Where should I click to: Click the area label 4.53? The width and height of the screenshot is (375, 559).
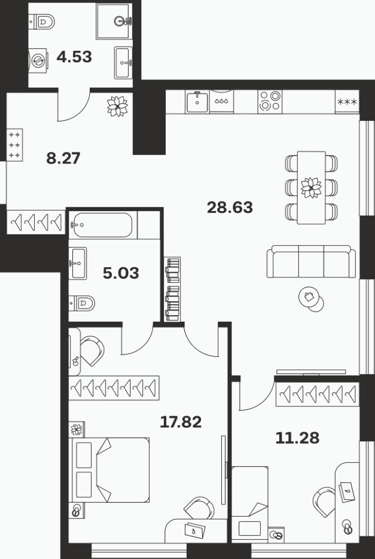click(74, 57)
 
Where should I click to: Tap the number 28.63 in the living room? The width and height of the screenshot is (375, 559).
click(230, 207)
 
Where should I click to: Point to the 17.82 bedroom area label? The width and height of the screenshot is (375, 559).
click(181, 422)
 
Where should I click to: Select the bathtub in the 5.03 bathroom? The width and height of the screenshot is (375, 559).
click(103, 225)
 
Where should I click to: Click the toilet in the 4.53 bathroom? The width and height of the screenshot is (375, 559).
click(41, 22)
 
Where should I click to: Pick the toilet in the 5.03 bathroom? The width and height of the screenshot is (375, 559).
click(82, 303)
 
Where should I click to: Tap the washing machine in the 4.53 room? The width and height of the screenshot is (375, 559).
click(38, 60)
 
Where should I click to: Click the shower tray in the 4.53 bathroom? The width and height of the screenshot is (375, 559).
click(114, 22)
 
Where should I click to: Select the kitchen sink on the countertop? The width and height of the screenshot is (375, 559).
click(197, 102)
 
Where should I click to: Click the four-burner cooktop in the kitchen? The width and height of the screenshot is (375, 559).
click(270, 102)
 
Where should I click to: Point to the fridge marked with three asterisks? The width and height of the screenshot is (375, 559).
click(347, 102)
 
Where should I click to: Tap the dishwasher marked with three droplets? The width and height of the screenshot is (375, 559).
click(221, 102)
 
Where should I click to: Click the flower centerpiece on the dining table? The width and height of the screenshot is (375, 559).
click(311, 188)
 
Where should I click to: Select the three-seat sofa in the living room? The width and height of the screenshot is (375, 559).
click(311, 261)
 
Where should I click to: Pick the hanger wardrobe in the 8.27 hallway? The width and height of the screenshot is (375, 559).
click(36, 222)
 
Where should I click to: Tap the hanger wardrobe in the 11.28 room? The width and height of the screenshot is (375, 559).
click(318, 395)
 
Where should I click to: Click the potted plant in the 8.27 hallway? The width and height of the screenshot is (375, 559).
click(117, 106)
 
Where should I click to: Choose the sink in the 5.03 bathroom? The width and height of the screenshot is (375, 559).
click(77, 263)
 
